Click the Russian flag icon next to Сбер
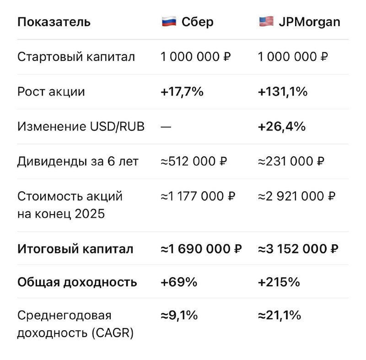click(x=169, y=21)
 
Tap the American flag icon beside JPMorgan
click(x=266, y=21)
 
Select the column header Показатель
click(x=54, y=22)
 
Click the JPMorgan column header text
click(x=310, y=22)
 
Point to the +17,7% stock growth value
click(x=182, y=91)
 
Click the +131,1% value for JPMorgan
click(x=283, y=91)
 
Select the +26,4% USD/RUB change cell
click(x=282, y=126)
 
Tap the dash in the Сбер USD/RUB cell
click(x=166, y=127)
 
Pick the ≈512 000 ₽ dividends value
click(x=194, y=161)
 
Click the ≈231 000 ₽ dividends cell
click(x=291, y=161)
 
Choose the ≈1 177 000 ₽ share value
click(x=198, y=196)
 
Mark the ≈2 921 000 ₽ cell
click(x=296, y=196)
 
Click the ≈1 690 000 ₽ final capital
click(x=201, y=249)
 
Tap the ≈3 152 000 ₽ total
click(x=298, y=249)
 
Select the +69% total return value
click(x=179, y=282)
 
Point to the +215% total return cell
click(x=279, y=282)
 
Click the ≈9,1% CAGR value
click(x=179, y=315)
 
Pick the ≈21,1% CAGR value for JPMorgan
click(x=280, y=315)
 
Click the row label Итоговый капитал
click(x=75, y=249)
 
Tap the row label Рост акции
click(x=51, y=91)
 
